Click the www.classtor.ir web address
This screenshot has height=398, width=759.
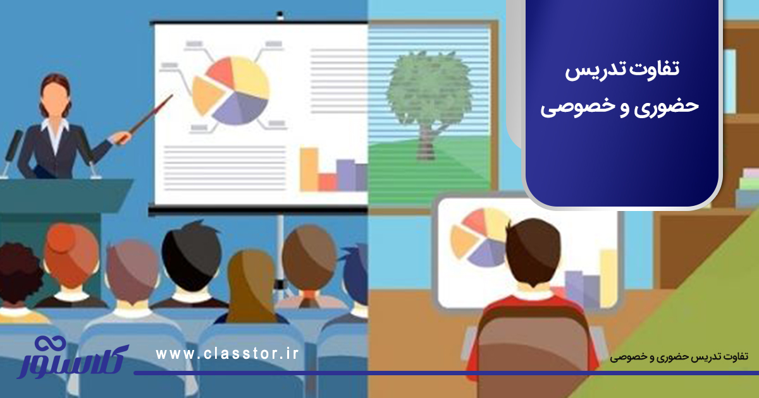(226, 354)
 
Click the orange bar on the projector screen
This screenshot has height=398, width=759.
(309, 169)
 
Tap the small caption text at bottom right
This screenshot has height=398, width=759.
(679, 357)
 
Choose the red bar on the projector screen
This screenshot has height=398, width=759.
(328, 181)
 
